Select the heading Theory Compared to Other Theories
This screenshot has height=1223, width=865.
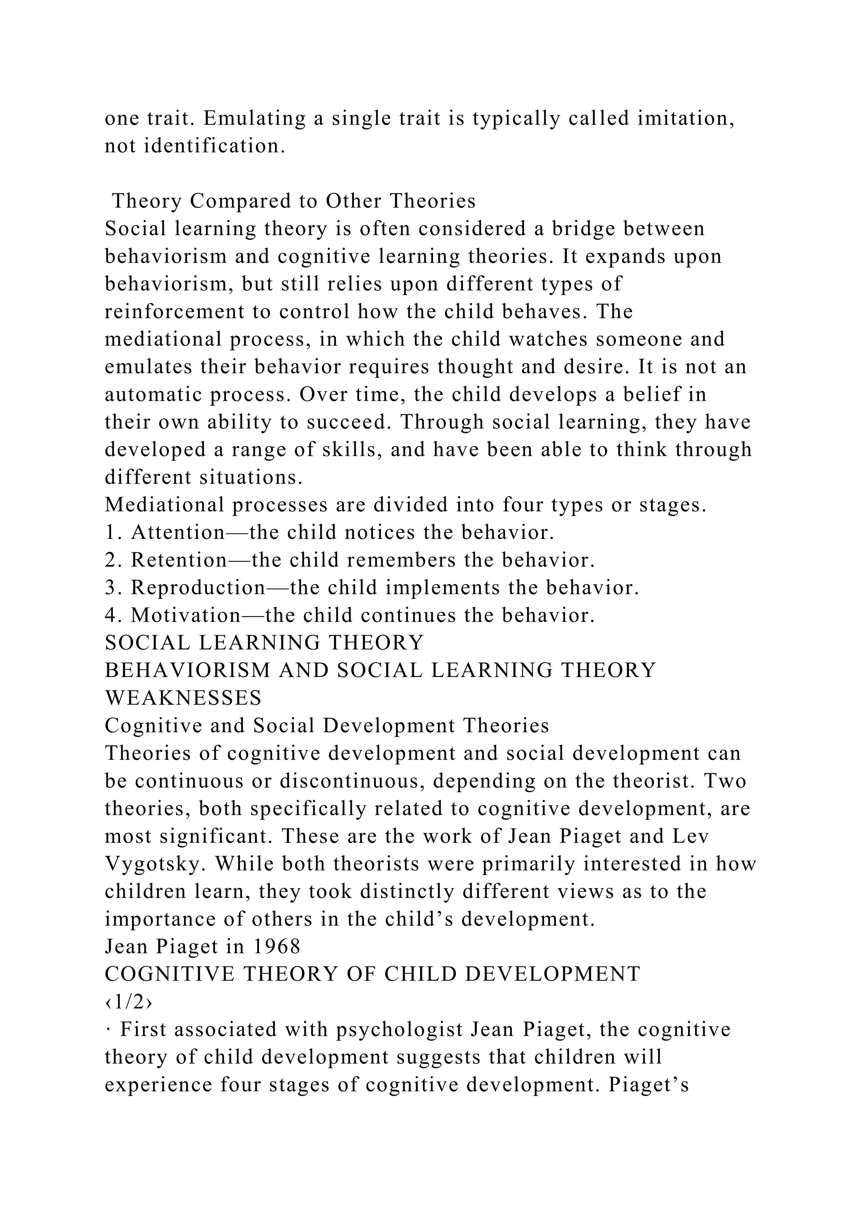coord(294,201)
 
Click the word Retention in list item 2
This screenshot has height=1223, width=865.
coord(180,560)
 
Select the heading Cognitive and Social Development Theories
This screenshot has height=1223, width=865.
coord(326,726)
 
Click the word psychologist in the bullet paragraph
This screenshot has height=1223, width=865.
coord(400,1030)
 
